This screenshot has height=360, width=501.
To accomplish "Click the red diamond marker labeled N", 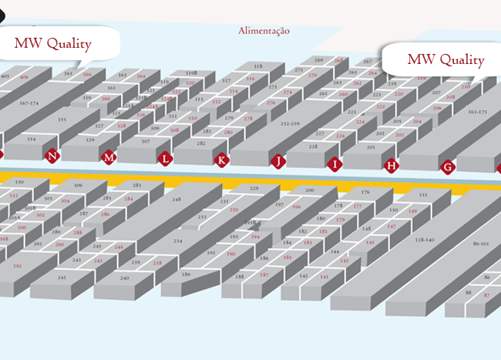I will tap(52, 156).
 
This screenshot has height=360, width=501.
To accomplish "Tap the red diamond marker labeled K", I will tap(222, 160).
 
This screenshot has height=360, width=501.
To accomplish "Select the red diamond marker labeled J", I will tap(277, 162).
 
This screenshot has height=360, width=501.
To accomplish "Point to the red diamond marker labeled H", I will tap(391, 164).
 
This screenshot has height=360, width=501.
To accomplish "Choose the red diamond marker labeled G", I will tap(447, 166).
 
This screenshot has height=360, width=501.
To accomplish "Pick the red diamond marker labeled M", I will tap(109, 158).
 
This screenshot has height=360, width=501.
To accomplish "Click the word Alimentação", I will tap(264, 31).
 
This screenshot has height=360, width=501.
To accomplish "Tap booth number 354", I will tap(31, 140).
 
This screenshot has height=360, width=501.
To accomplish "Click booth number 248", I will tap(177, 200).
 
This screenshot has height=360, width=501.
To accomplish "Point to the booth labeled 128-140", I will tap(429, 241).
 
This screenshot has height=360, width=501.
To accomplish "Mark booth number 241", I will tap(62, 276).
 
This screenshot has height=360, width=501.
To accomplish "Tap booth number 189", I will tap(186, 274).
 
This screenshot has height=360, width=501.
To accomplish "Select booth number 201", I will tap(371, 146).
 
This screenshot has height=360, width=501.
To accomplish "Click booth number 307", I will tap(146, 141).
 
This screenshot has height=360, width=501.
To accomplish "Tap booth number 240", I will tap(123, 277).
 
